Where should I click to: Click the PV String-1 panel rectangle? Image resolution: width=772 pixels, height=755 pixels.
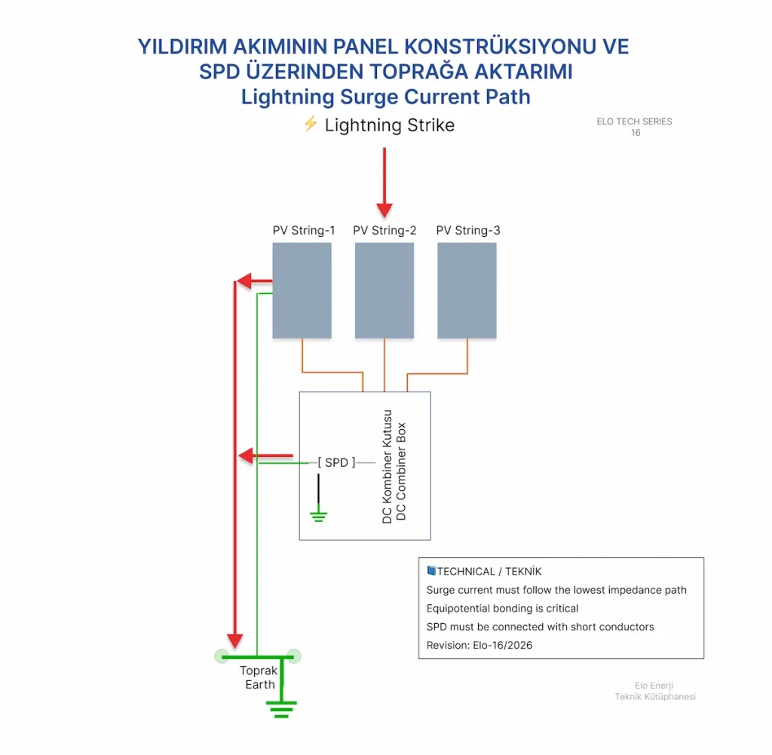coord(302,290)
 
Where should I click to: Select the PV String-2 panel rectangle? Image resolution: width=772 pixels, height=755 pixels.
coord(384,290)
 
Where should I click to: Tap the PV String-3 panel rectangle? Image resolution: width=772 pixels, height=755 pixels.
coord(467,290)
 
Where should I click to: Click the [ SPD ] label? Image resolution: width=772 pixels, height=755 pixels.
coord(336,462)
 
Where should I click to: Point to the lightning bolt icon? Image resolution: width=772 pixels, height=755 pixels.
coord(310,124)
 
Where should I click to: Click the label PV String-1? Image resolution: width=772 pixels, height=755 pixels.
coord(304,231)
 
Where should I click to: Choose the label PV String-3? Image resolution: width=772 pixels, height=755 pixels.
coord(468,231)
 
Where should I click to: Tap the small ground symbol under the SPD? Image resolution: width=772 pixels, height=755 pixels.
coord(319,516)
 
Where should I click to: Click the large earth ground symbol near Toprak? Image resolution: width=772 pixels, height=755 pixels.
coord(281,709)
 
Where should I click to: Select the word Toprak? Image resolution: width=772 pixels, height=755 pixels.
coord(259,671)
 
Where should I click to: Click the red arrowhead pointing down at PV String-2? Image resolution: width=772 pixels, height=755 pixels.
coord(384,210)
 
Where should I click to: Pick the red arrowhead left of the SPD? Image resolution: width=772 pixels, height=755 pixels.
coord(247,456)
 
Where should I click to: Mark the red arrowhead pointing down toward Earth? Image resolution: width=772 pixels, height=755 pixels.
coord(235,641)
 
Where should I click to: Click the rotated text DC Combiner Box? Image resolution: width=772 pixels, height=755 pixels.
coord(401,471)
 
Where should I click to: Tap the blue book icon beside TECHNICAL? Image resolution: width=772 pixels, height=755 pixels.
coord(431,571)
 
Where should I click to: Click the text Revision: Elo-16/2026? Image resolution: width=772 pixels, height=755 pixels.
coord(479,645)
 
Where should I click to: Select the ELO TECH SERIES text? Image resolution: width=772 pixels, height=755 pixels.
coord(634,121)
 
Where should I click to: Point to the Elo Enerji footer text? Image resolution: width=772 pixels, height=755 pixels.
coord(654,686)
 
